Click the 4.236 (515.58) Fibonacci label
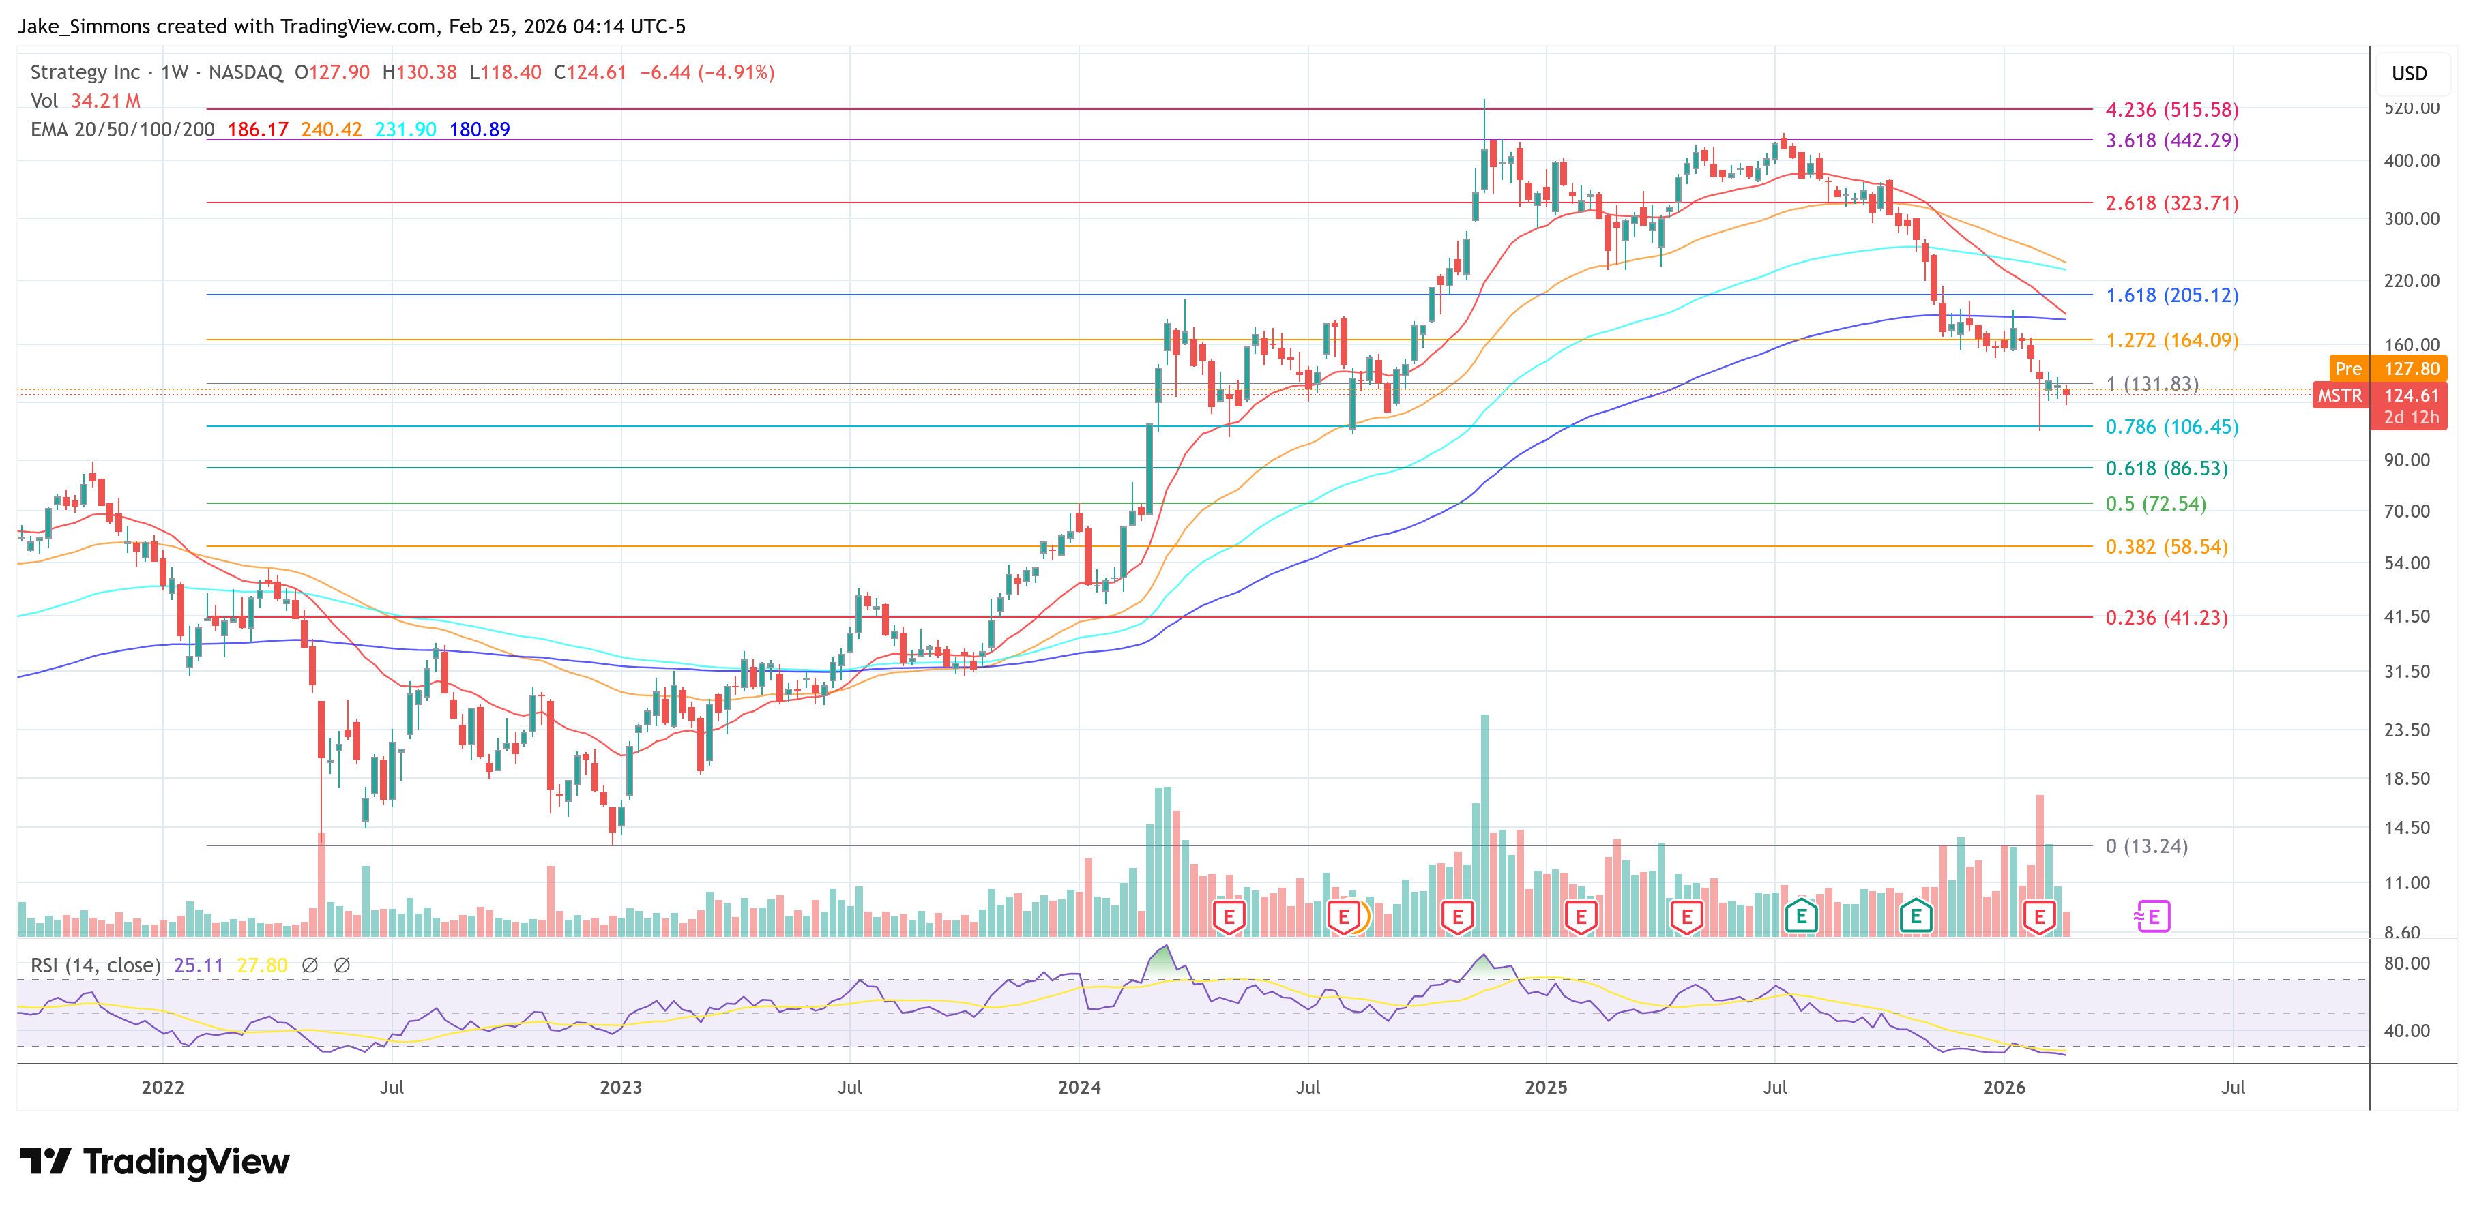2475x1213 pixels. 2171,110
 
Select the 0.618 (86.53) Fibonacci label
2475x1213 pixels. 2165,468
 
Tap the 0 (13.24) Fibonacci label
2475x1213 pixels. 2146,846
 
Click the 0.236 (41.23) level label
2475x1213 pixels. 2165,618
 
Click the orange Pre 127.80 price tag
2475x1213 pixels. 2388,369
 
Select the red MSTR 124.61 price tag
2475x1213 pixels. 2379,395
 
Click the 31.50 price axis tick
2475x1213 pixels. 2406,672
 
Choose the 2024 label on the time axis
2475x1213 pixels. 1079,1087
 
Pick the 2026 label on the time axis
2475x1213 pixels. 2004,1087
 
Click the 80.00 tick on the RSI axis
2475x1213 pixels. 2406,963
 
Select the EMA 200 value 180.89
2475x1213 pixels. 480,130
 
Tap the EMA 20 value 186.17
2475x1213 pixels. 257,130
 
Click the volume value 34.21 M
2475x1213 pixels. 106,101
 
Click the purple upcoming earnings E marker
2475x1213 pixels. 2152,917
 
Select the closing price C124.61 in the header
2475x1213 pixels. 590,73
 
